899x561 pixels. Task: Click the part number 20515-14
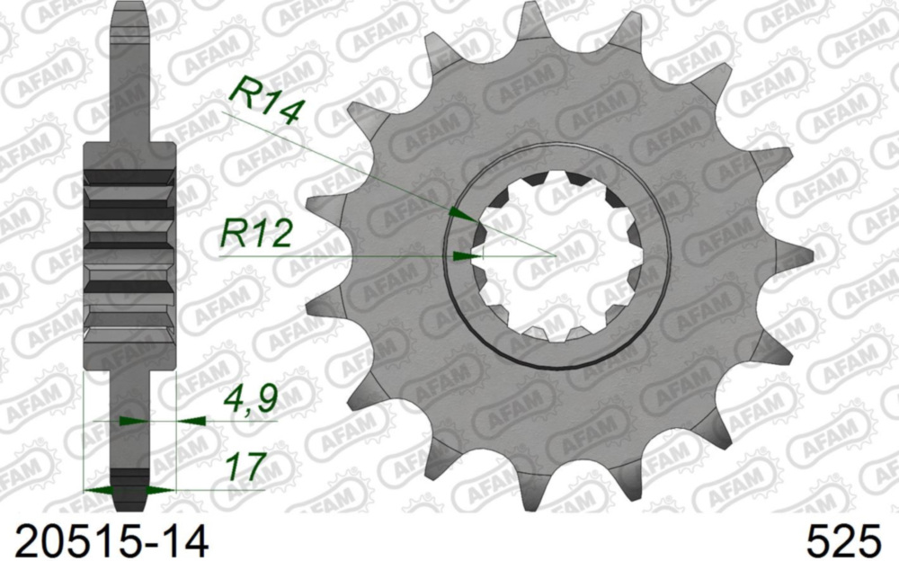[x=105, y=540]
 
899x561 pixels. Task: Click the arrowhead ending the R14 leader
[x=460, y=214]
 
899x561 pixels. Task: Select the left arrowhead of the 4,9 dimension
[x=131, y=420]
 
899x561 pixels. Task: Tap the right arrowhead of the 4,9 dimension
[x=191, y=420]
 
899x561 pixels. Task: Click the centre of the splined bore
[x=557, y=255]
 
